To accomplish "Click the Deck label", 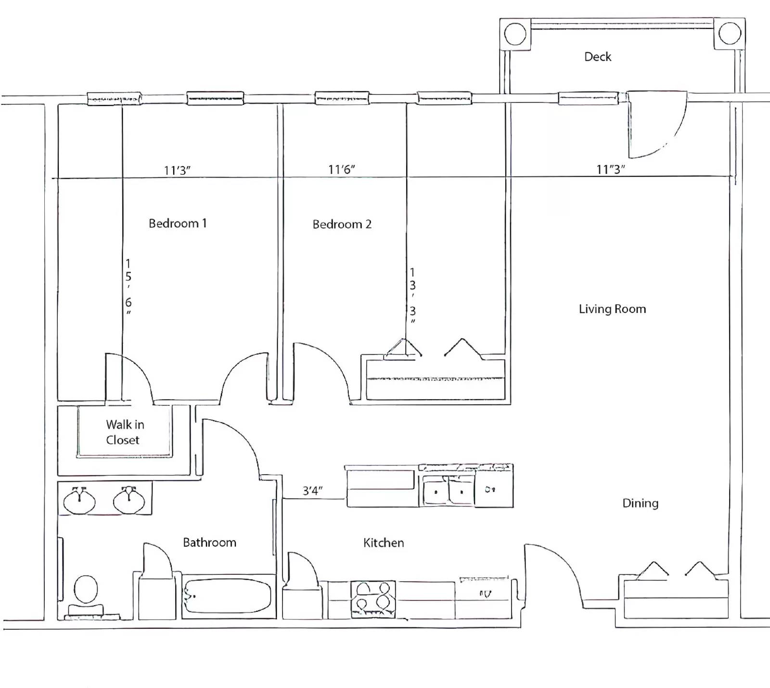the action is [598, 57].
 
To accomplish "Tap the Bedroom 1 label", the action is [178, 223].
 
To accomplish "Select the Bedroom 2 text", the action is [342, 224].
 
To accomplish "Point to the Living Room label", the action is [612, 309].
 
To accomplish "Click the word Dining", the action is [640, 504].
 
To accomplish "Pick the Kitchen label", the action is [384, 543].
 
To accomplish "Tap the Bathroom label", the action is [209, 543].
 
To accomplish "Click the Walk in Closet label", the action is [125, 432].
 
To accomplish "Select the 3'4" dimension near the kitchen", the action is [312, 491].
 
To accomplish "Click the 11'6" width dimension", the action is [342, 169].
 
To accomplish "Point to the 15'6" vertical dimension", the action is [128, 286].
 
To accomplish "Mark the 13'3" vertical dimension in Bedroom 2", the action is [412, 296].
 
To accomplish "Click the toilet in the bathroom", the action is [86, 595].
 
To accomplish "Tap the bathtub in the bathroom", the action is [228, 596].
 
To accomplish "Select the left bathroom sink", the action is [79, 500].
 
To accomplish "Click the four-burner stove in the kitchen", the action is [373, 599].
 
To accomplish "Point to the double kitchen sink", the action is [449, 491].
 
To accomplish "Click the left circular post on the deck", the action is [515, 34].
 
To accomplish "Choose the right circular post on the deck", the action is [730, 34].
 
